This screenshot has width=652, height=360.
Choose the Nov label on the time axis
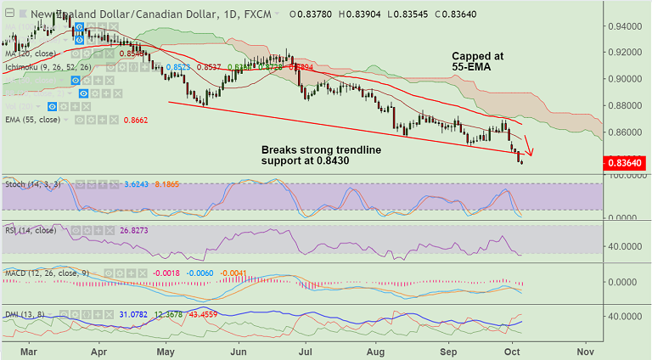click(x=585, y=350)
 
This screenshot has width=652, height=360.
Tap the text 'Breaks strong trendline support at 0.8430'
click(x=321, y=156)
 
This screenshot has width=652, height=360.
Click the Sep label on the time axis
click(x=448, y=350)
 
